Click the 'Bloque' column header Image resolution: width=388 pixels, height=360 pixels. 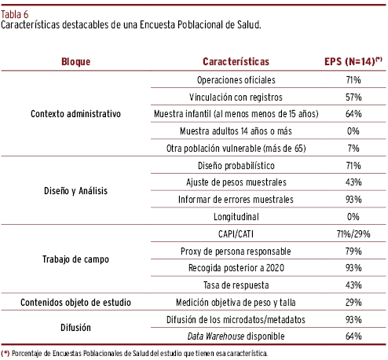click(x=75, y=62)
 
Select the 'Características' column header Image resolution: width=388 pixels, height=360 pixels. click(x=236, y=62)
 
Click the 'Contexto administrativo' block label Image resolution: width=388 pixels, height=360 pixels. click(x=75, y=114)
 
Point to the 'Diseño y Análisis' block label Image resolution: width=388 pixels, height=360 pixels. click(x=75, y=191)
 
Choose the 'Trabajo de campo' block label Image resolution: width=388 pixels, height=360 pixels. click(x=75, y=259)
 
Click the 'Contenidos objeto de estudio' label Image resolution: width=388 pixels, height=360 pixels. click(x=75, y=303)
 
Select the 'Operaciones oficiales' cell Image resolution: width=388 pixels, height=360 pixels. click(x=236, y=80)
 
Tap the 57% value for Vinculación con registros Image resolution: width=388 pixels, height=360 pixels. click(x=353, y=97)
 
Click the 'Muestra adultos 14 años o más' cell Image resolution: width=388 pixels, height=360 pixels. click(x=236, y=131)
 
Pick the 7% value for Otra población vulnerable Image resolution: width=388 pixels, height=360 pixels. click(x=353, y=149)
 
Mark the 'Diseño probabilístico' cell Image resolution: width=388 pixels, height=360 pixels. click(x=236, y=166)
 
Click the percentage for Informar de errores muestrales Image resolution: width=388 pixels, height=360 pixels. click(x=353, y=200)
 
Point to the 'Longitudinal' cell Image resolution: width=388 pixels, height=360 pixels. click(x=236, y=217)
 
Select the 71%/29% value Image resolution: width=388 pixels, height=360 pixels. click(x=353, y=234)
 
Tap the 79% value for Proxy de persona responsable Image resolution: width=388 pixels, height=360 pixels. click(x=353, y=252)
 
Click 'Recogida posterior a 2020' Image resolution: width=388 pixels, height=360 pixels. click(x=236, y=268)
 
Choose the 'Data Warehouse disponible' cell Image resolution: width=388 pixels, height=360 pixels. click(x=236, y=336)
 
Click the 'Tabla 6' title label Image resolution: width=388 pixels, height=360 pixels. click(x=15, y=14)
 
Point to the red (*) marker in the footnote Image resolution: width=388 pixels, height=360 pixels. click(x=5, y=354)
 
